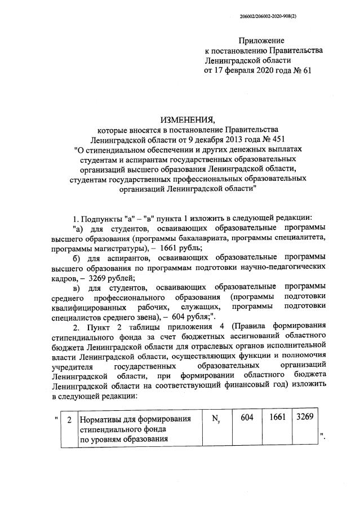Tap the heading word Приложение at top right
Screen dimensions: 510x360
(x=261, y=41)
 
